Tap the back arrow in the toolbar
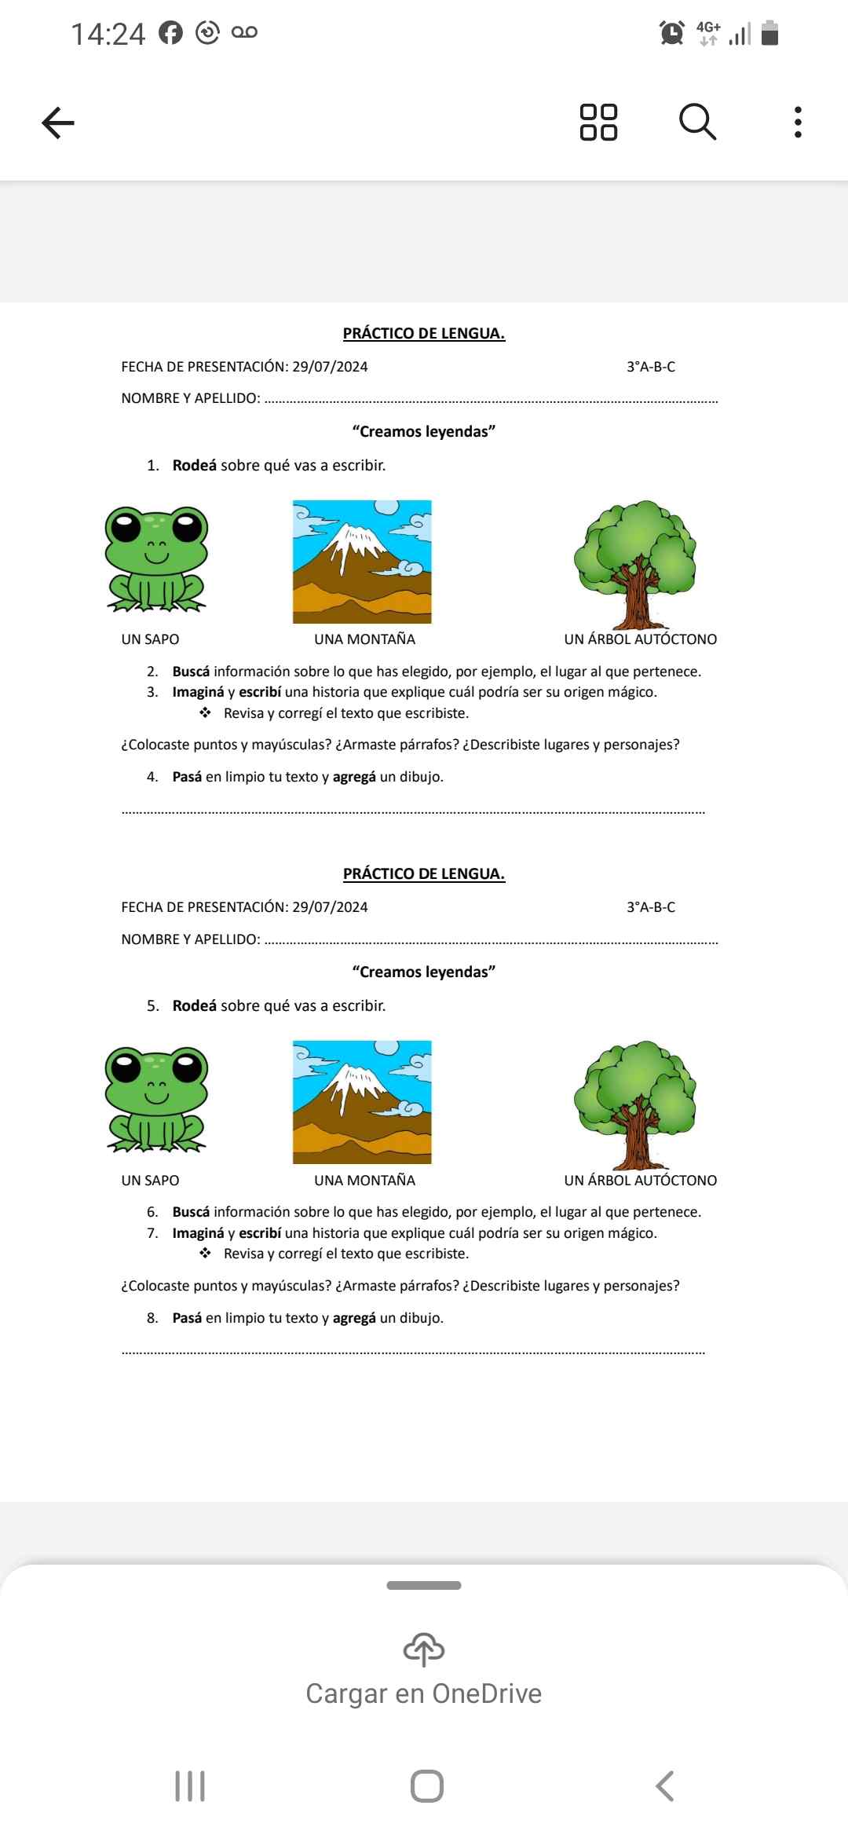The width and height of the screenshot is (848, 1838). click(x=58, y=123)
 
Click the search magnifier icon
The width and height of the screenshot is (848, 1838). click(x=697, y=123)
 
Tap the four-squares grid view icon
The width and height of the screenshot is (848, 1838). click(x=598, y=123)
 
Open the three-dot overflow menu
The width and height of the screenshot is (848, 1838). click(x=798, y=123)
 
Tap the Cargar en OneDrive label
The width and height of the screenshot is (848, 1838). click(x=424, y=1694)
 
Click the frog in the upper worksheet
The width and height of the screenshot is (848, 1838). click(x=156, y=559)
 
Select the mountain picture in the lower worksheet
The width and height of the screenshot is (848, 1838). click(x=362, y=1102)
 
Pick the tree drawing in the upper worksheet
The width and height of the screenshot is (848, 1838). click(x=635, y=564)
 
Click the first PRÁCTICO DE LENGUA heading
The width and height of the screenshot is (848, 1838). click(x=424, y=333)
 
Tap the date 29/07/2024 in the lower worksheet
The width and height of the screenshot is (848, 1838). click(x=330, y=907)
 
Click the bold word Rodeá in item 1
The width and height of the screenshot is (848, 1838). click(x=194, y=465)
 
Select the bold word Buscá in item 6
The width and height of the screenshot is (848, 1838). click(x=191, y=1212)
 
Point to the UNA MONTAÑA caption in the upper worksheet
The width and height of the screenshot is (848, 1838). click(x=364, y=639)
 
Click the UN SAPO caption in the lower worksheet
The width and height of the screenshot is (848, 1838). click(x=150, y=1180)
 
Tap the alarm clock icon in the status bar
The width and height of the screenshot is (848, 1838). click(x=671, y=33)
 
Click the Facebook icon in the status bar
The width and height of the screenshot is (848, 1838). click(x=170, y=33)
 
